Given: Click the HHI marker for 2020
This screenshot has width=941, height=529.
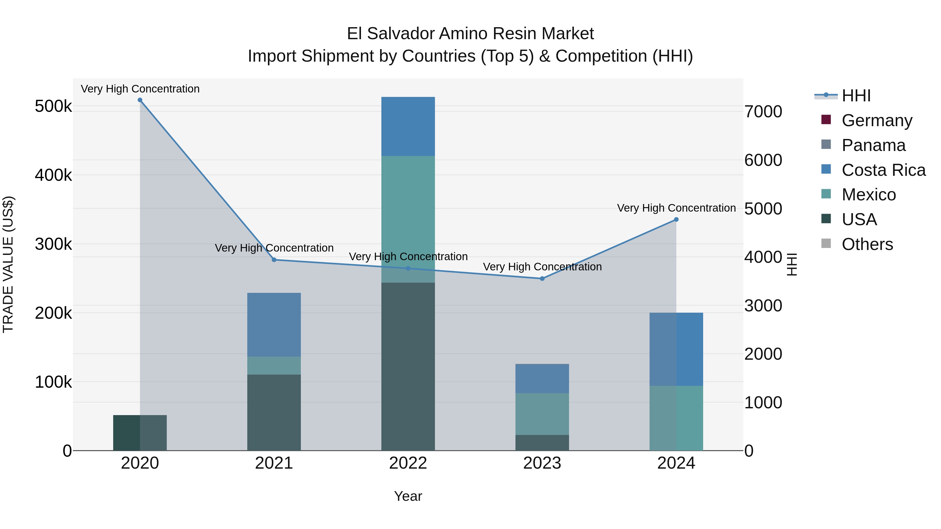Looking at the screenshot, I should click(140, 100).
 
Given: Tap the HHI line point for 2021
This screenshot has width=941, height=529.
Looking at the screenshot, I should click(274, 260).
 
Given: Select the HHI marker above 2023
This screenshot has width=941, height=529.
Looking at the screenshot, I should click(542, 278).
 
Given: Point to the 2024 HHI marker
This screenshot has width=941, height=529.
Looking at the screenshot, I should click(676, 219).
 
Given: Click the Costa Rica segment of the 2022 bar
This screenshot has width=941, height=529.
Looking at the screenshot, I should click(408, 126).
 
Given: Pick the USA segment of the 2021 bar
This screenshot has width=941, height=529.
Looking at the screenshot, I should click(274, 412).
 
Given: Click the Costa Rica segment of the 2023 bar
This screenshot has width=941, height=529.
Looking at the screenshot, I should click(542, 379).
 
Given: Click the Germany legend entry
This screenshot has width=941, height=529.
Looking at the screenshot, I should click(877, 120).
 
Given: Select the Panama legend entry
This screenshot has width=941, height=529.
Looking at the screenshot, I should click(873, 145).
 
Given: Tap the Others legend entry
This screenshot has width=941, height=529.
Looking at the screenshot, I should click(867, 244).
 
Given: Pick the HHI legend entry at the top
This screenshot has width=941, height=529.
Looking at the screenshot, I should click(856, 96).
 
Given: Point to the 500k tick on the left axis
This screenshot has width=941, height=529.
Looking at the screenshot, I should click(53, 107).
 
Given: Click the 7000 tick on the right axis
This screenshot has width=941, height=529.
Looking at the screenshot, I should click(763, 112).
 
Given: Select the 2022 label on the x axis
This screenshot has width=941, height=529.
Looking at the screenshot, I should click(408, 463).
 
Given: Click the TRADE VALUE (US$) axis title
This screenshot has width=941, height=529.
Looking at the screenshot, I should click(8, 264).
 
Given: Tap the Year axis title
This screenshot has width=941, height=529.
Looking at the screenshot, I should click(408, 496).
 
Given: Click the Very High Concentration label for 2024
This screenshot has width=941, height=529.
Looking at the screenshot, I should click(676, 208).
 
